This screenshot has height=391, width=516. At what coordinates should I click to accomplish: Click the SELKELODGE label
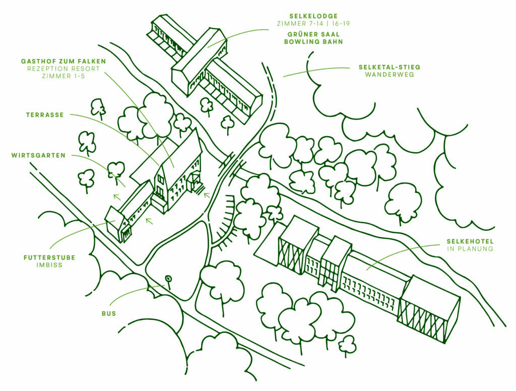tap(313, 16)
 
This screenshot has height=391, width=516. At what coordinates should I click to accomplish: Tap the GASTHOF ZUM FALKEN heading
tap(63, 61)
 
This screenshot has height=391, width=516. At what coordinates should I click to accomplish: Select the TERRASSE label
tap(45, 115)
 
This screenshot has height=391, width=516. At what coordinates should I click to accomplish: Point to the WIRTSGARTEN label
tap(38, 156)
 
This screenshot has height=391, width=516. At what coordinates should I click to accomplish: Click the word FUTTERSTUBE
tap(49, 257)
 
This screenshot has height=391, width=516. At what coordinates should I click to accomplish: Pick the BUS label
tap(109, 313)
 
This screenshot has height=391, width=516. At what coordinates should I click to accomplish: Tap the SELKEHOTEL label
tap(470, 241)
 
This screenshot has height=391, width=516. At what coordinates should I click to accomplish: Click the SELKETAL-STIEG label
tap(390, 67)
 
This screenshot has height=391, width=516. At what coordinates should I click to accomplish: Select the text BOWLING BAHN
tap(313, 42)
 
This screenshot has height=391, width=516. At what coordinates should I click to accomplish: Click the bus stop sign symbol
tap(169, 279)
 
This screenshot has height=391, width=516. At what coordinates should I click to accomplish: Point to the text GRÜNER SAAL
tap(313, 34)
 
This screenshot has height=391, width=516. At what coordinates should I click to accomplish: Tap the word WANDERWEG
tap(390, 75)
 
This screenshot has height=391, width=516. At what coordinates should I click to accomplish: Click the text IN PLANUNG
tap(470, 249)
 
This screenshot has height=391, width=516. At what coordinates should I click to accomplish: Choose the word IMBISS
tap(49, 265)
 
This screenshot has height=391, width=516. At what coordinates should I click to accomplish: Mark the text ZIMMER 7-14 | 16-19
tap(313, 24)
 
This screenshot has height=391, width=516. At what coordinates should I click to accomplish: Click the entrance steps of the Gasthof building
tap(198, 187)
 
